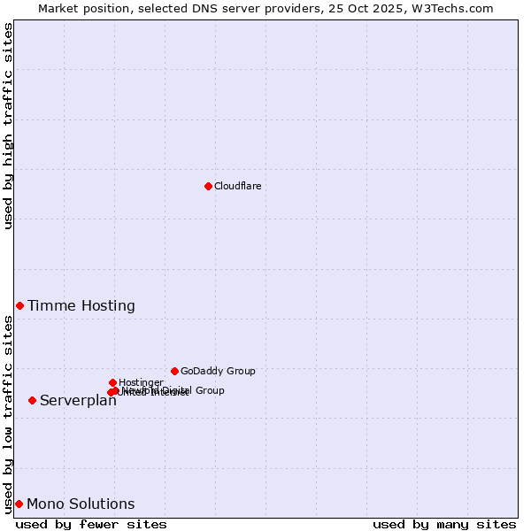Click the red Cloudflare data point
(x=208, y=186)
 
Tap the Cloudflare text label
(x=237, y=186)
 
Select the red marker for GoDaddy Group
(x=174, y=371)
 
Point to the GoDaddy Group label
(x=218, y=371)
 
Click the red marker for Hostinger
(x=112, y=382)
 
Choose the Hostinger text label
(x=141, y=382)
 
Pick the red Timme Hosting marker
(x=19, y=305)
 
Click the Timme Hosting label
(x=81, y=306)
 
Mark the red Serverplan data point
(x=32, y=400)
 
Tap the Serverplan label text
(x=78, y=401)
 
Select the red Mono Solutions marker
(x=19, y=504)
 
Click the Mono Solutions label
(x=81, y=504)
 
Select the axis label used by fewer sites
(x=91, y=524)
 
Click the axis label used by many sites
(x=444, y=524)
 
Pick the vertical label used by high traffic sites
(x=8, y=126)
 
